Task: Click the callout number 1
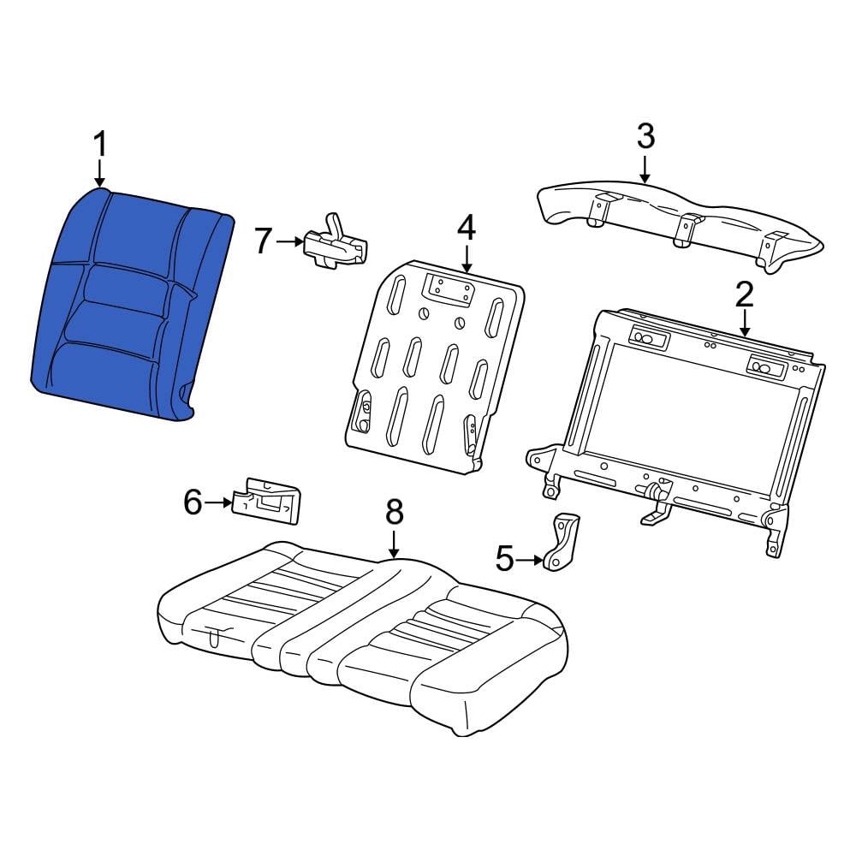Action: [x=100, y=144]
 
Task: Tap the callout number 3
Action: [x=645, y=135]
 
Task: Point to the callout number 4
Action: [x=466, y=228]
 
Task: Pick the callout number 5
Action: [x=506, y=560]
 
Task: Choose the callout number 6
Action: [x=193, y=502]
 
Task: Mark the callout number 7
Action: [x=264, y=241]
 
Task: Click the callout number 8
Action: [x=394, y=512]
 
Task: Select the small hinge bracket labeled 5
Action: [x=561, y=541]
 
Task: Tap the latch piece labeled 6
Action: [x=267, y=499]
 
